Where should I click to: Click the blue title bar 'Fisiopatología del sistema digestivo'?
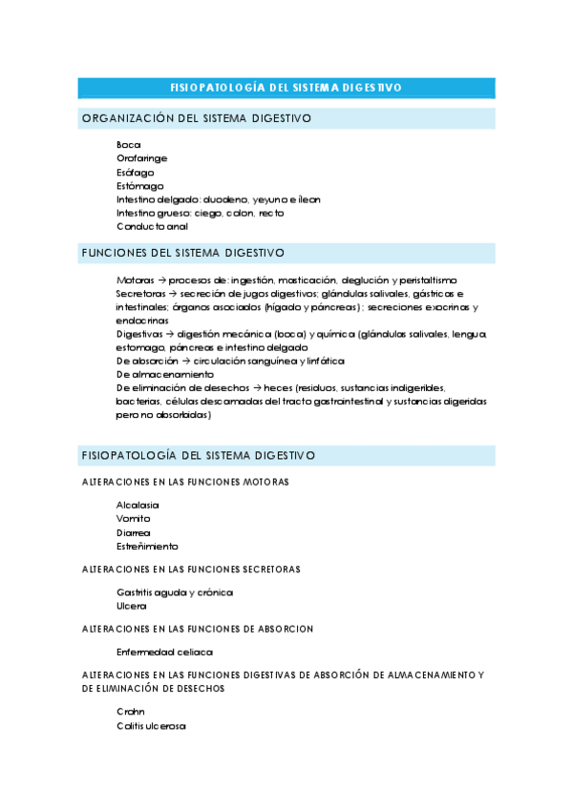pyautogui.click(x=286, y=88)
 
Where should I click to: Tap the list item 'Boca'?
pyautogui.click(x=129, y=145)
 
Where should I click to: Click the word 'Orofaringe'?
pyautogui.click(x=142, y=158)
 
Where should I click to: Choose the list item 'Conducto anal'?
pyautogui.click(x=152, y=227)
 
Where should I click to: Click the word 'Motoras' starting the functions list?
pyautogui.click(x=135, y=280)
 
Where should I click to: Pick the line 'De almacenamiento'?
pyautogui.click(x=165, y=375)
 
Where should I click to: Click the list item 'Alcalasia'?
pyautogui.click(x=138, y=505)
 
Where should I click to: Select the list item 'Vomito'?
pyautogui.click(x=134, y=518)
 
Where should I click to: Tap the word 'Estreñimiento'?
pyautogui.click(x=147, y=547)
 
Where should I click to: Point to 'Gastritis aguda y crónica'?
pyautogui.click(x=175, y=592)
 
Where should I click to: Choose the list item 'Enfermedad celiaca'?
pyautogui.click(x=164, y=653)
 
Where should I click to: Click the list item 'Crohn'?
pyautogui.click(x=131, y=712)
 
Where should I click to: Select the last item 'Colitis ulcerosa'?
pyautogui.click(x=151, y=726)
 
